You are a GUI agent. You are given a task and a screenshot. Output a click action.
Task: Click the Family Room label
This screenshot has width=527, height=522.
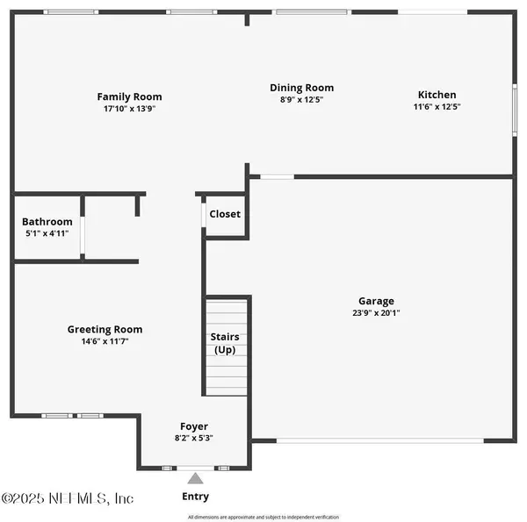point(129,97)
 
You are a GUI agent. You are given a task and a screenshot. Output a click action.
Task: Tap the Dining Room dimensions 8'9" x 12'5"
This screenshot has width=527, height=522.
point(301,99)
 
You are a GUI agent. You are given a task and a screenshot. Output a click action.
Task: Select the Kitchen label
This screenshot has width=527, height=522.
point(437,95)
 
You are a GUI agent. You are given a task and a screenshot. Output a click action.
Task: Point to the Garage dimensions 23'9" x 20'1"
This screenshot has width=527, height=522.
point(376,312)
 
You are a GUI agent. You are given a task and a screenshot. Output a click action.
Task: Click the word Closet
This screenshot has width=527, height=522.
point(225,214)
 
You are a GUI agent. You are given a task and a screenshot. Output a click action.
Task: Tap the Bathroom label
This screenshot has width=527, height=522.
point(47,222)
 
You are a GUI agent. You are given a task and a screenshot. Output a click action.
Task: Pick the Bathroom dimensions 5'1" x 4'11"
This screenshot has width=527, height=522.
point(47,233)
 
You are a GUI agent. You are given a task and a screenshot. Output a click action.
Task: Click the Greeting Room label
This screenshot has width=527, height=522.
point(105,329)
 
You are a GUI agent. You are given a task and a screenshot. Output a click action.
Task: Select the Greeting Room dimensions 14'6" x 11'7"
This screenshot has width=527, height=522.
point(105,341)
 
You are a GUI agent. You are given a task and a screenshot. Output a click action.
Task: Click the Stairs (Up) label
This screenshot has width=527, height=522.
point(225,343)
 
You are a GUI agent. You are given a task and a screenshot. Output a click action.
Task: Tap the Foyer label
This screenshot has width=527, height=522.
point(194,426)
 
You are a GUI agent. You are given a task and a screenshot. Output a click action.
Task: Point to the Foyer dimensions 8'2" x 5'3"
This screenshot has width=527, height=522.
point(194,438)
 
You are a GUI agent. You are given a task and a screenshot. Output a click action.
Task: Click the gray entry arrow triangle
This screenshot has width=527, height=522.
point(195,479)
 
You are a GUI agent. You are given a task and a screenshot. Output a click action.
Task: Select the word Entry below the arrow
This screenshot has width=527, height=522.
point(195,497)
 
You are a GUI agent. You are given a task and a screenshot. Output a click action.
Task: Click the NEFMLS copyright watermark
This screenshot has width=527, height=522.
point(68,498)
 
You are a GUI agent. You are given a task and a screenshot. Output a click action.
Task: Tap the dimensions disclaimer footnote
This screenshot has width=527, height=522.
point(263,517)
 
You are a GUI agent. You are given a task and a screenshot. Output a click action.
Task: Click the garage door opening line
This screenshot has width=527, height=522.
point(380,440)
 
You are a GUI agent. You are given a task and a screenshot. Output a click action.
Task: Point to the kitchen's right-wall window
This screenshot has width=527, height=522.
point(515,111)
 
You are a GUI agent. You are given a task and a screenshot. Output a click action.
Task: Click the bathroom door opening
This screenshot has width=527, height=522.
point(83,235)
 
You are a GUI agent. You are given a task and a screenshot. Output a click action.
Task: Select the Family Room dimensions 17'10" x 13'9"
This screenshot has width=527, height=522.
point(129,109)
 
